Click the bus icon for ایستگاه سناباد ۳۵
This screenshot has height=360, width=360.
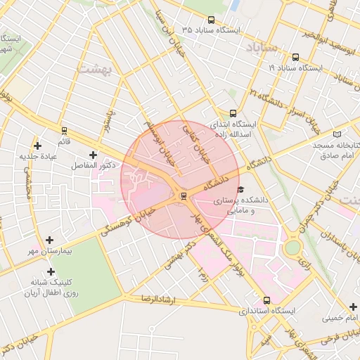pyautogui.click(x=212, y=20)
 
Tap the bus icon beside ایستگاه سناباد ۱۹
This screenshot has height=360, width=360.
pyautogui.click(x=295, y=58)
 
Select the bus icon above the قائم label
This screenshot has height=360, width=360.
pyautogui.click(x=65, y=130)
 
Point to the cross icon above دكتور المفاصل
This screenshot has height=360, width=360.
pyautogui.click(x=93, y=154)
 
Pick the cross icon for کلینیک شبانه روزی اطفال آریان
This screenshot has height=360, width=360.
pyautogui.click(x=50, y=271)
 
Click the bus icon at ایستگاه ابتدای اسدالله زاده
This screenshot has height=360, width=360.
pyautogui.click(x=233, y=112)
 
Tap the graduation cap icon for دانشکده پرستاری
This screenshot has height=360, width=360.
pyautogui.click(x=241, y=189)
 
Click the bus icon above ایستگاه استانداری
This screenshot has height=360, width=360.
pyautogui.click(x=266, y=300)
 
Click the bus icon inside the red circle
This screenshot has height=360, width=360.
pyautogui.click(x=184, y=195)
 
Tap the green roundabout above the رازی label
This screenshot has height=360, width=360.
pyautogui.click(x=292, y=247)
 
